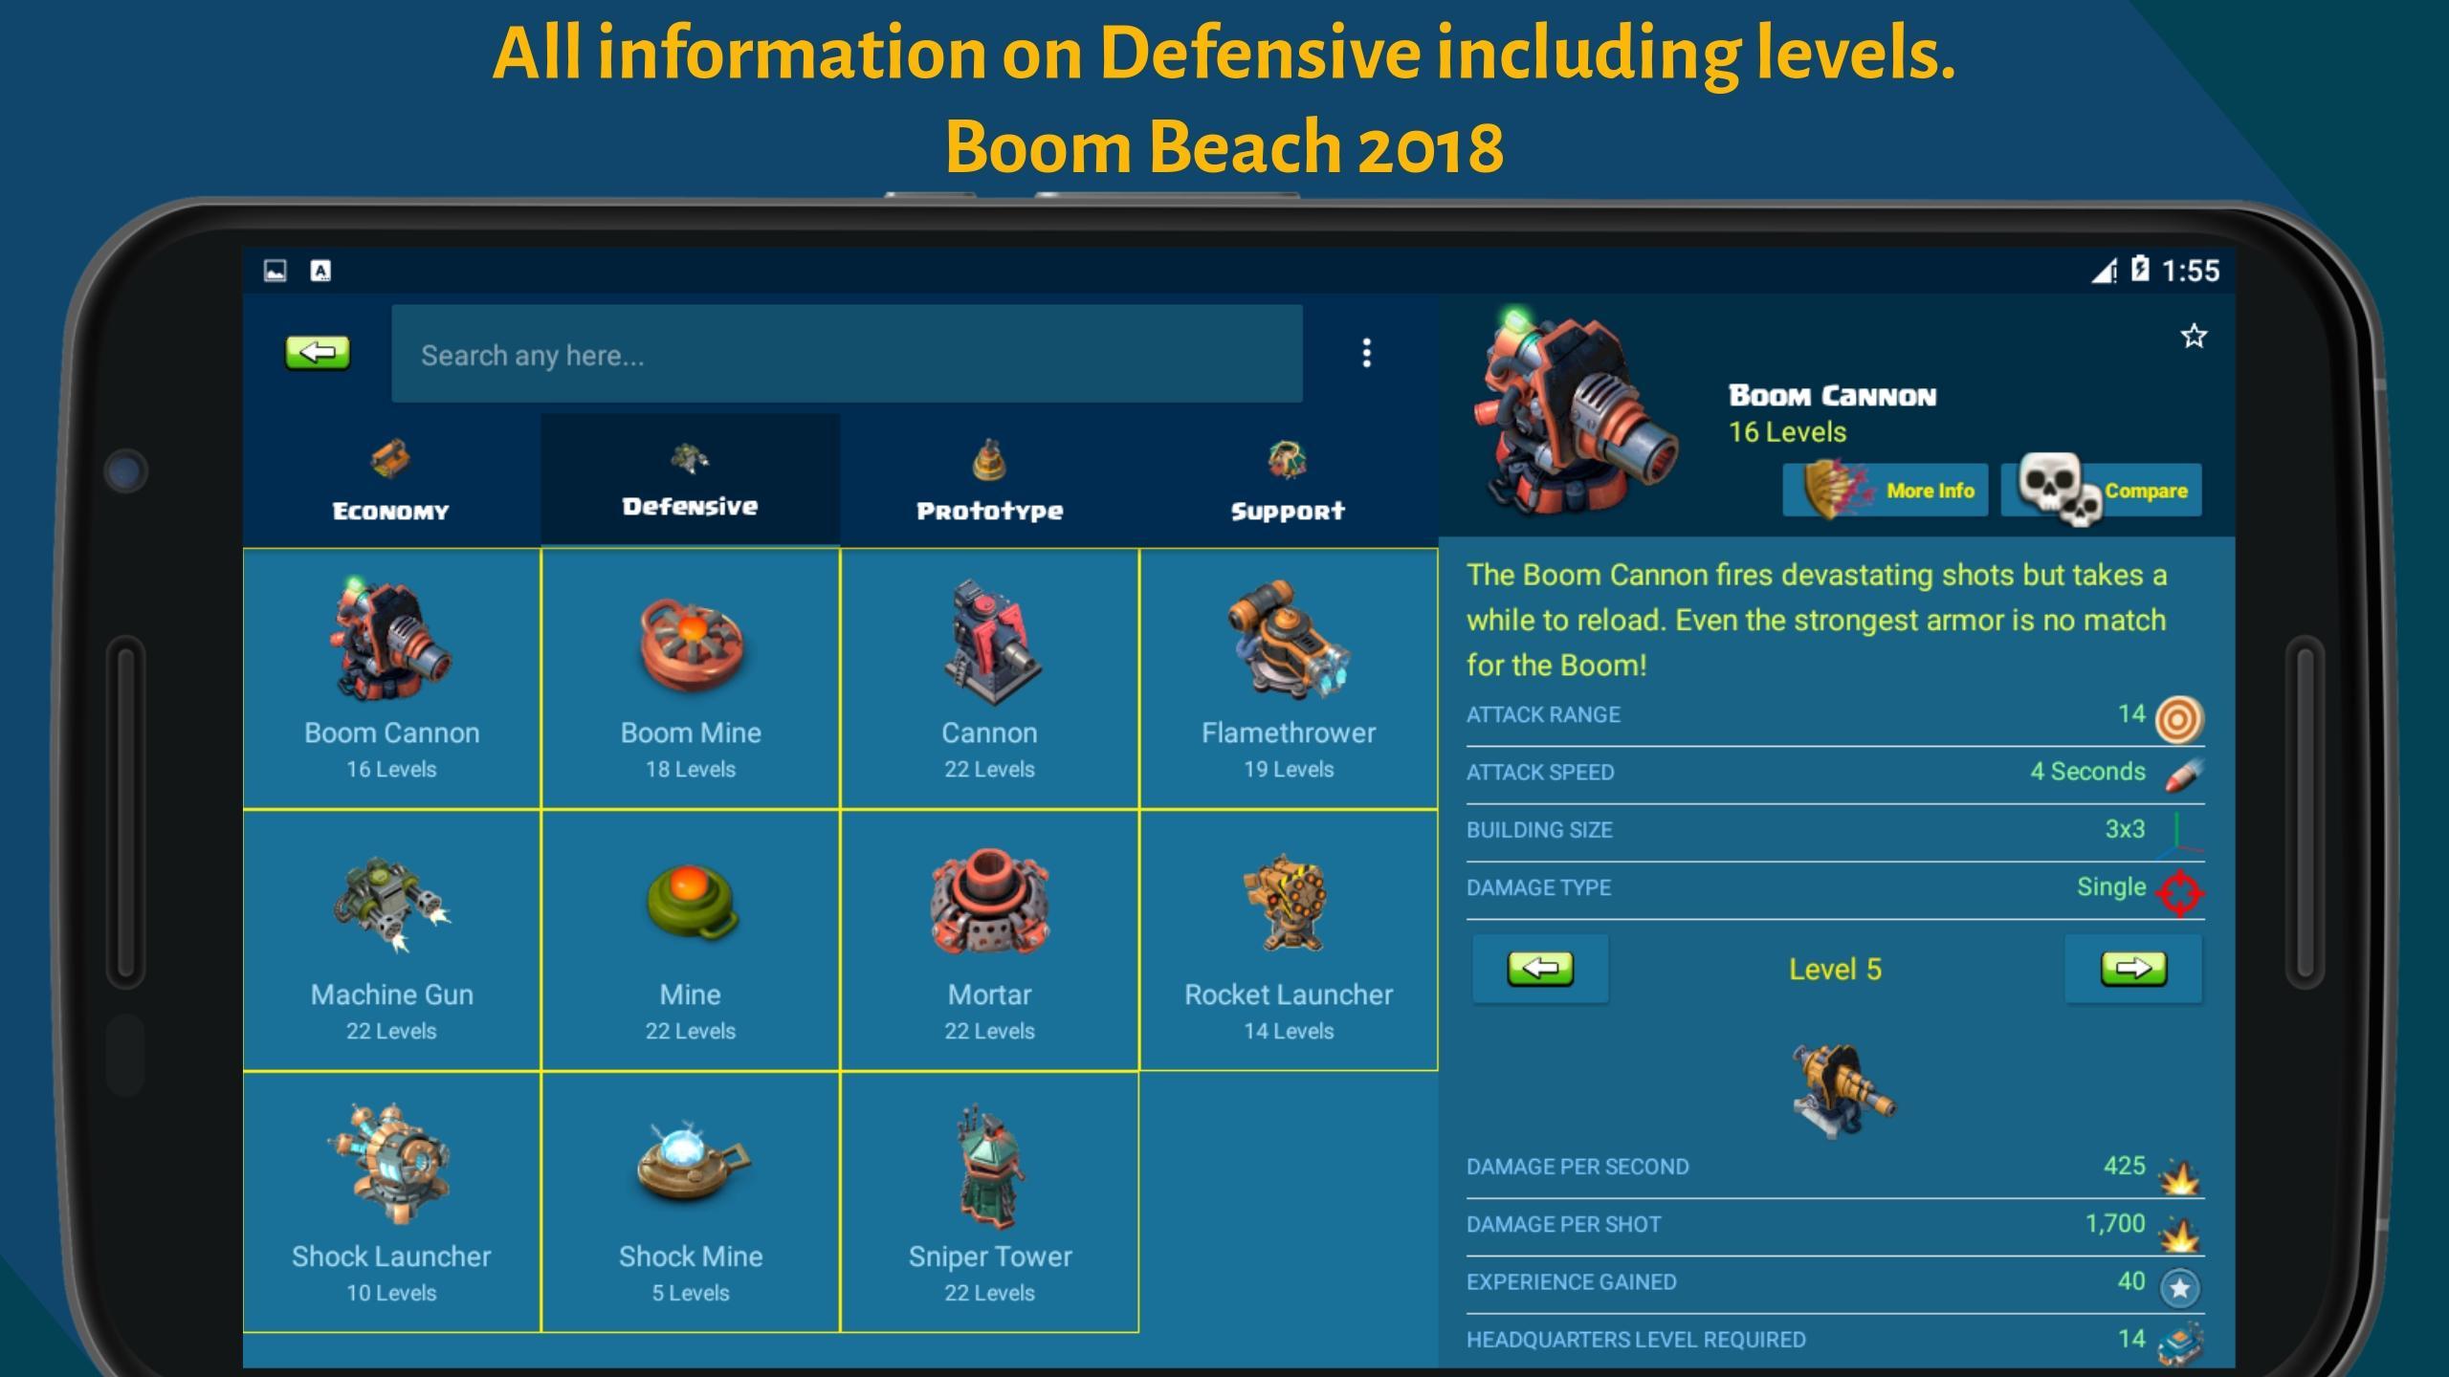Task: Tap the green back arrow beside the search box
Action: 318,353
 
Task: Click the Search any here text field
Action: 847,354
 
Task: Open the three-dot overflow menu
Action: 1366,353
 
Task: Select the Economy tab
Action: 391,481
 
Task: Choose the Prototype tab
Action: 990,481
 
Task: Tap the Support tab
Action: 1289,481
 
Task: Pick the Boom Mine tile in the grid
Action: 691,679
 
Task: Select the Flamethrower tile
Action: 1289,679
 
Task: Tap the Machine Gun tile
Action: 391,941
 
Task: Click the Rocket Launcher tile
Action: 1289,941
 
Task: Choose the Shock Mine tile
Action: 691,1202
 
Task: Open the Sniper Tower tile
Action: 990,1202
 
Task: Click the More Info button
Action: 1886,491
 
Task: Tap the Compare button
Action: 2102,491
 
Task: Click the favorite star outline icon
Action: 2194,336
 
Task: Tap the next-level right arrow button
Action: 2133,969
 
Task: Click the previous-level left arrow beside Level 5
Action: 1540,969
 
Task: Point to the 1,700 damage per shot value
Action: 2115,1224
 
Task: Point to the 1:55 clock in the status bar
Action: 2191,271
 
